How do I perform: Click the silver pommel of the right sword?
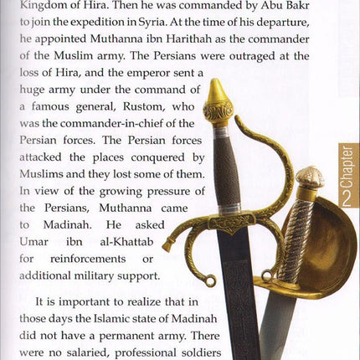coord(311,177)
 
